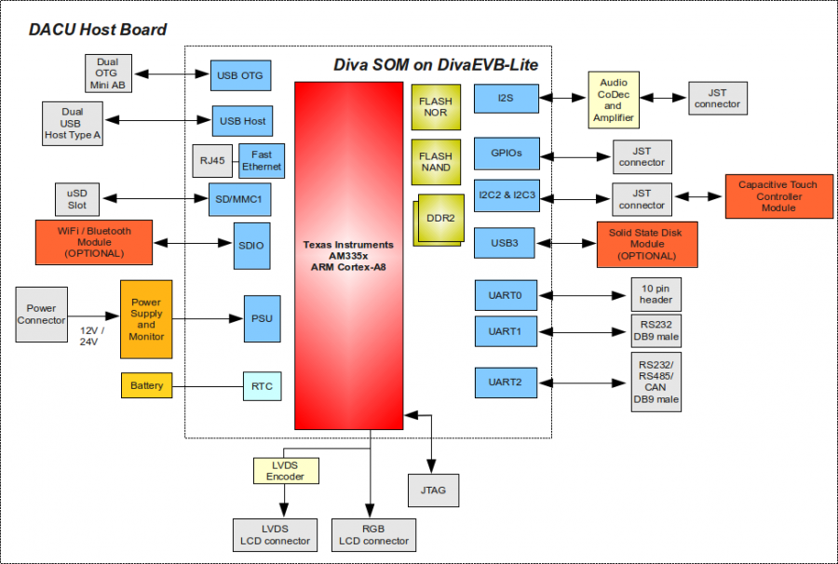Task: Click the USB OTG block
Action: pyautogui.click(x=240, y=75)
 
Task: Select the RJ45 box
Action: pyautogui.click(x=212, y=161)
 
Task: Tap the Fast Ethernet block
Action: pyautogui.click(x=261, y=161)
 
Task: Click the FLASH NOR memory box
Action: pyautogui.click(x=435, y=107)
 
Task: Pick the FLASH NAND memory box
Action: pyautogui.click(x=435, y=162)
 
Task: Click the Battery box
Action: pyautogui.click(x=146, y=385)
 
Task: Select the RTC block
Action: pyautogui.click(x=262, y=385)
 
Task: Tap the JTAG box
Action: pyautogui.click(x=433, y=490)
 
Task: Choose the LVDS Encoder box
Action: pyautogui.click(x=285, y=470)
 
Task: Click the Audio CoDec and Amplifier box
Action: pyautogui.click(x=613, y=100)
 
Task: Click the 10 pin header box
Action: pyautogui.click(x=656, y=294)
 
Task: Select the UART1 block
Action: pyautogui.click(x=505, y=331)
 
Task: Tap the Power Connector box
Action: pyautogui.click(x=41, y=315)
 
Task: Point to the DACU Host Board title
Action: pyautogui.click(x=97, y=30)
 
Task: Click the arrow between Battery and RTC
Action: pyautogui.click(x=207, y=385)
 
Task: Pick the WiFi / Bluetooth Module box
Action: pyautogui.click(x=93, y=242)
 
